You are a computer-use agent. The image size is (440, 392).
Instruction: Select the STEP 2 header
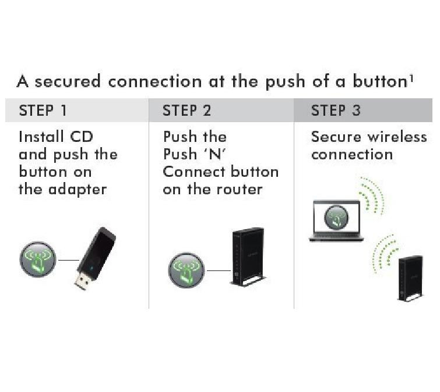[187, 111]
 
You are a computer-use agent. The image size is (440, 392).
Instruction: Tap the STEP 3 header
[336, 111]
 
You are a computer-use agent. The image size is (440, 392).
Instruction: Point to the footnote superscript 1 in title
[411, 77]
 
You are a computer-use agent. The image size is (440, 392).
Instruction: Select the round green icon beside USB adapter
[37, 260]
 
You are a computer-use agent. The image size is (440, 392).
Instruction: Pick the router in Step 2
[248, 256]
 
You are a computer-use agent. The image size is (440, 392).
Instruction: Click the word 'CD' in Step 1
[82, 137]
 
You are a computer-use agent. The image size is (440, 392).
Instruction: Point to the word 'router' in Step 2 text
[240, 190]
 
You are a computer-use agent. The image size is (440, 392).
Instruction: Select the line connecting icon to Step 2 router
[219, 270]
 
